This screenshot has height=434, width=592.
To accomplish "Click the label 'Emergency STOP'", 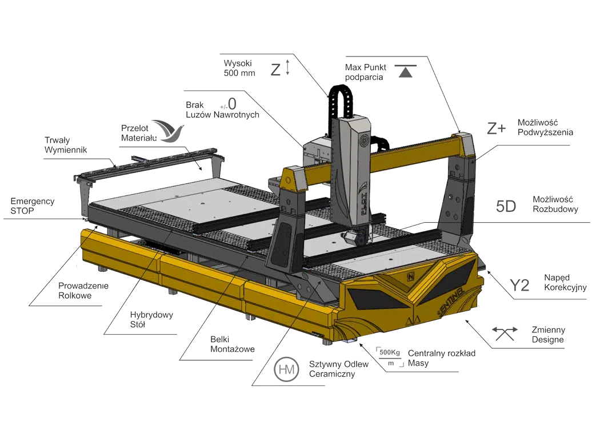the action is (x=33, y=206).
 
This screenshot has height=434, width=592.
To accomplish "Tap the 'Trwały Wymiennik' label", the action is (x=66, y=145).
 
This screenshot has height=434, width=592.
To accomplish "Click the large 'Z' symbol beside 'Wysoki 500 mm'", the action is (x=275, y=70).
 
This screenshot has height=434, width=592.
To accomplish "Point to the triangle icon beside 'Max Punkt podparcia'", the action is (x=406, y=71).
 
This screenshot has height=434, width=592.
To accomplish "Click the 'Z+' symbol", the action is (x=496, y=128).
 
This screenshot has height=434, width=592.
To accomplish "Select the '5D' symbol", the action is (x=506, y=206).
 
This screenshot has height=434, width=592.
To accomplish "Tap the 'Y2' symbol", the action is (x=519, y=286).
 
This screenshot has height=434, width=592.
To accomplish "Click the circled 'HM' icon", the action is (x=286, y=369).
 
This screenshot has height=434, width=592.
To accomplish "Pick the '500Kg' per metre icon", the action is (x=390, y=357).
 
